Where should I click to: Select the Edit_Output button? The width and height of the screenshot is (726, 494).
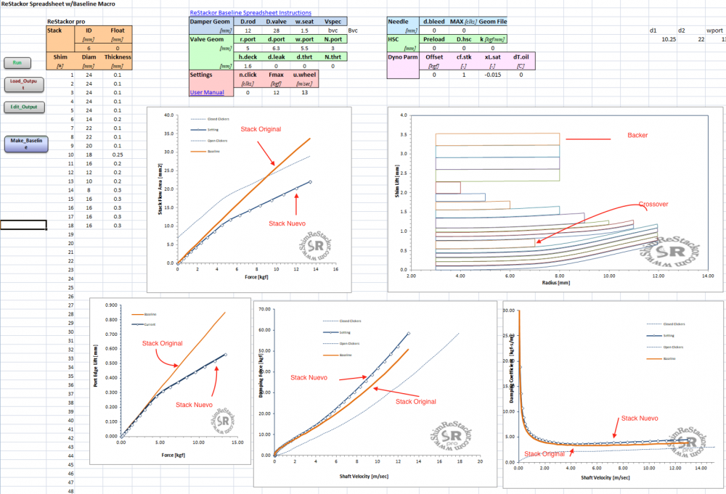click(x=25, y=107)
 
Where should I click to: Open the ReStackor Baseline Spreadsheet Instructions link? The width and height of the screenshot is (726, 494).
click(x=250, y=13)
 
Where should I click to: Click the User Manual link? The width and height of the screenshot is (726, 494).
click(x=207, y=92)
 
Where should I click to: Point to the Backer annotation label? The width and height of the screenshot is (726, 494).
click(x=638, y=136)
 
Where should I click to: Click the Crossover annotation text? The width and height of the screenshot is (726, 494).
click(x=653, y=205)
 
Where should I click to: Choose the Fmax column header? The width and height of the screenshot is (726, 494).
click(x=276, y=74)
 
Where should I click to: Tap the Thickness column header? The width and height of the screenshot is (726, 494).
click(x=118, y=57)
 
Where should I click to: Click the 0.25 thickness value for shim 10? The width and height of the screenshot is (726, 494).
click(x=118, y=155)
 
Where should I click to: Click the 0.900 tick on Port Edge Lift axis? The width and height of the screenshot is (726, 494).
click(x=111, y=305)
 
